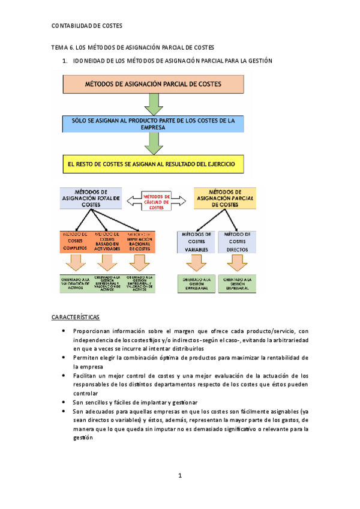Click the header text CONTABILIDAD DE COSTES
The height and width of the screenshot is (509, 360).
click(87, 26)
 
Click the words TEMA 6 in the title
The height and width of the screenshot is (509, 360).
click(62, 47)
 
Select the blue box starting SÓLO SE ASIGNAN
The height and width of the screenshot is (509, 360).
click(154, 124)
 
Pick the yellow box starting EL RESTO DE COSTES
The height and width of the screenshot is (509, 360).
click(154, 163)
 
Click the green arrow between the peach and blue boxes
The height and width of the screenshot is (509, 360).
click(154, 104)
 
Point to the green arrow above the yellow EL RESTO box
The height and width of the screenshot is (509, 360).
click(154, 143)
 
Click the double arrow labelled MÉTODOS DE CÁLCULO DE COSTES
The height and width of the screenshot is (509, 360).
click(156, 202)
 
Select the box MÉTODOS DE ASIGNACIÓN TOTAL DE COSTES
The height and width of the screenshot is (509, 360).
click(91, 197)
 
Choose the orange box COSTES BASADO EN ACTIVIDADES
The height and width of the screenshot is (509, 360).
click(108, 241)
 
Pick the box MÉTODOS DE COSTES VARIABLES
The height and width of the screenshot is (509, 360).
click(196, 241)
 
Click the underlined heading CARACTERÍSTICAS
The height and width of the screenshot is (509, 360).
click(76, 316)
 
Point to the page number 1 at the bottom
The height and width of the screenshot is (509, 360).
click(179, 476)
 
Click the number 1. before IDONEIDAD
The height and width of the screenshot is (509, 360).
click(65, 61)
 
